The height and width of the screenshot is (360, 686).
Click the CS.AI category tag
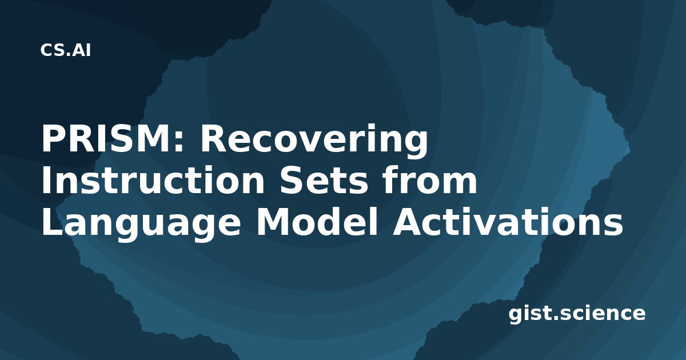pyautogui.click(x=66, y=50)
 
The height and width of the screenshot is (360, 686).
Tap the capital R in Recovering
pyautogui.click(x=213, y=139)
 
